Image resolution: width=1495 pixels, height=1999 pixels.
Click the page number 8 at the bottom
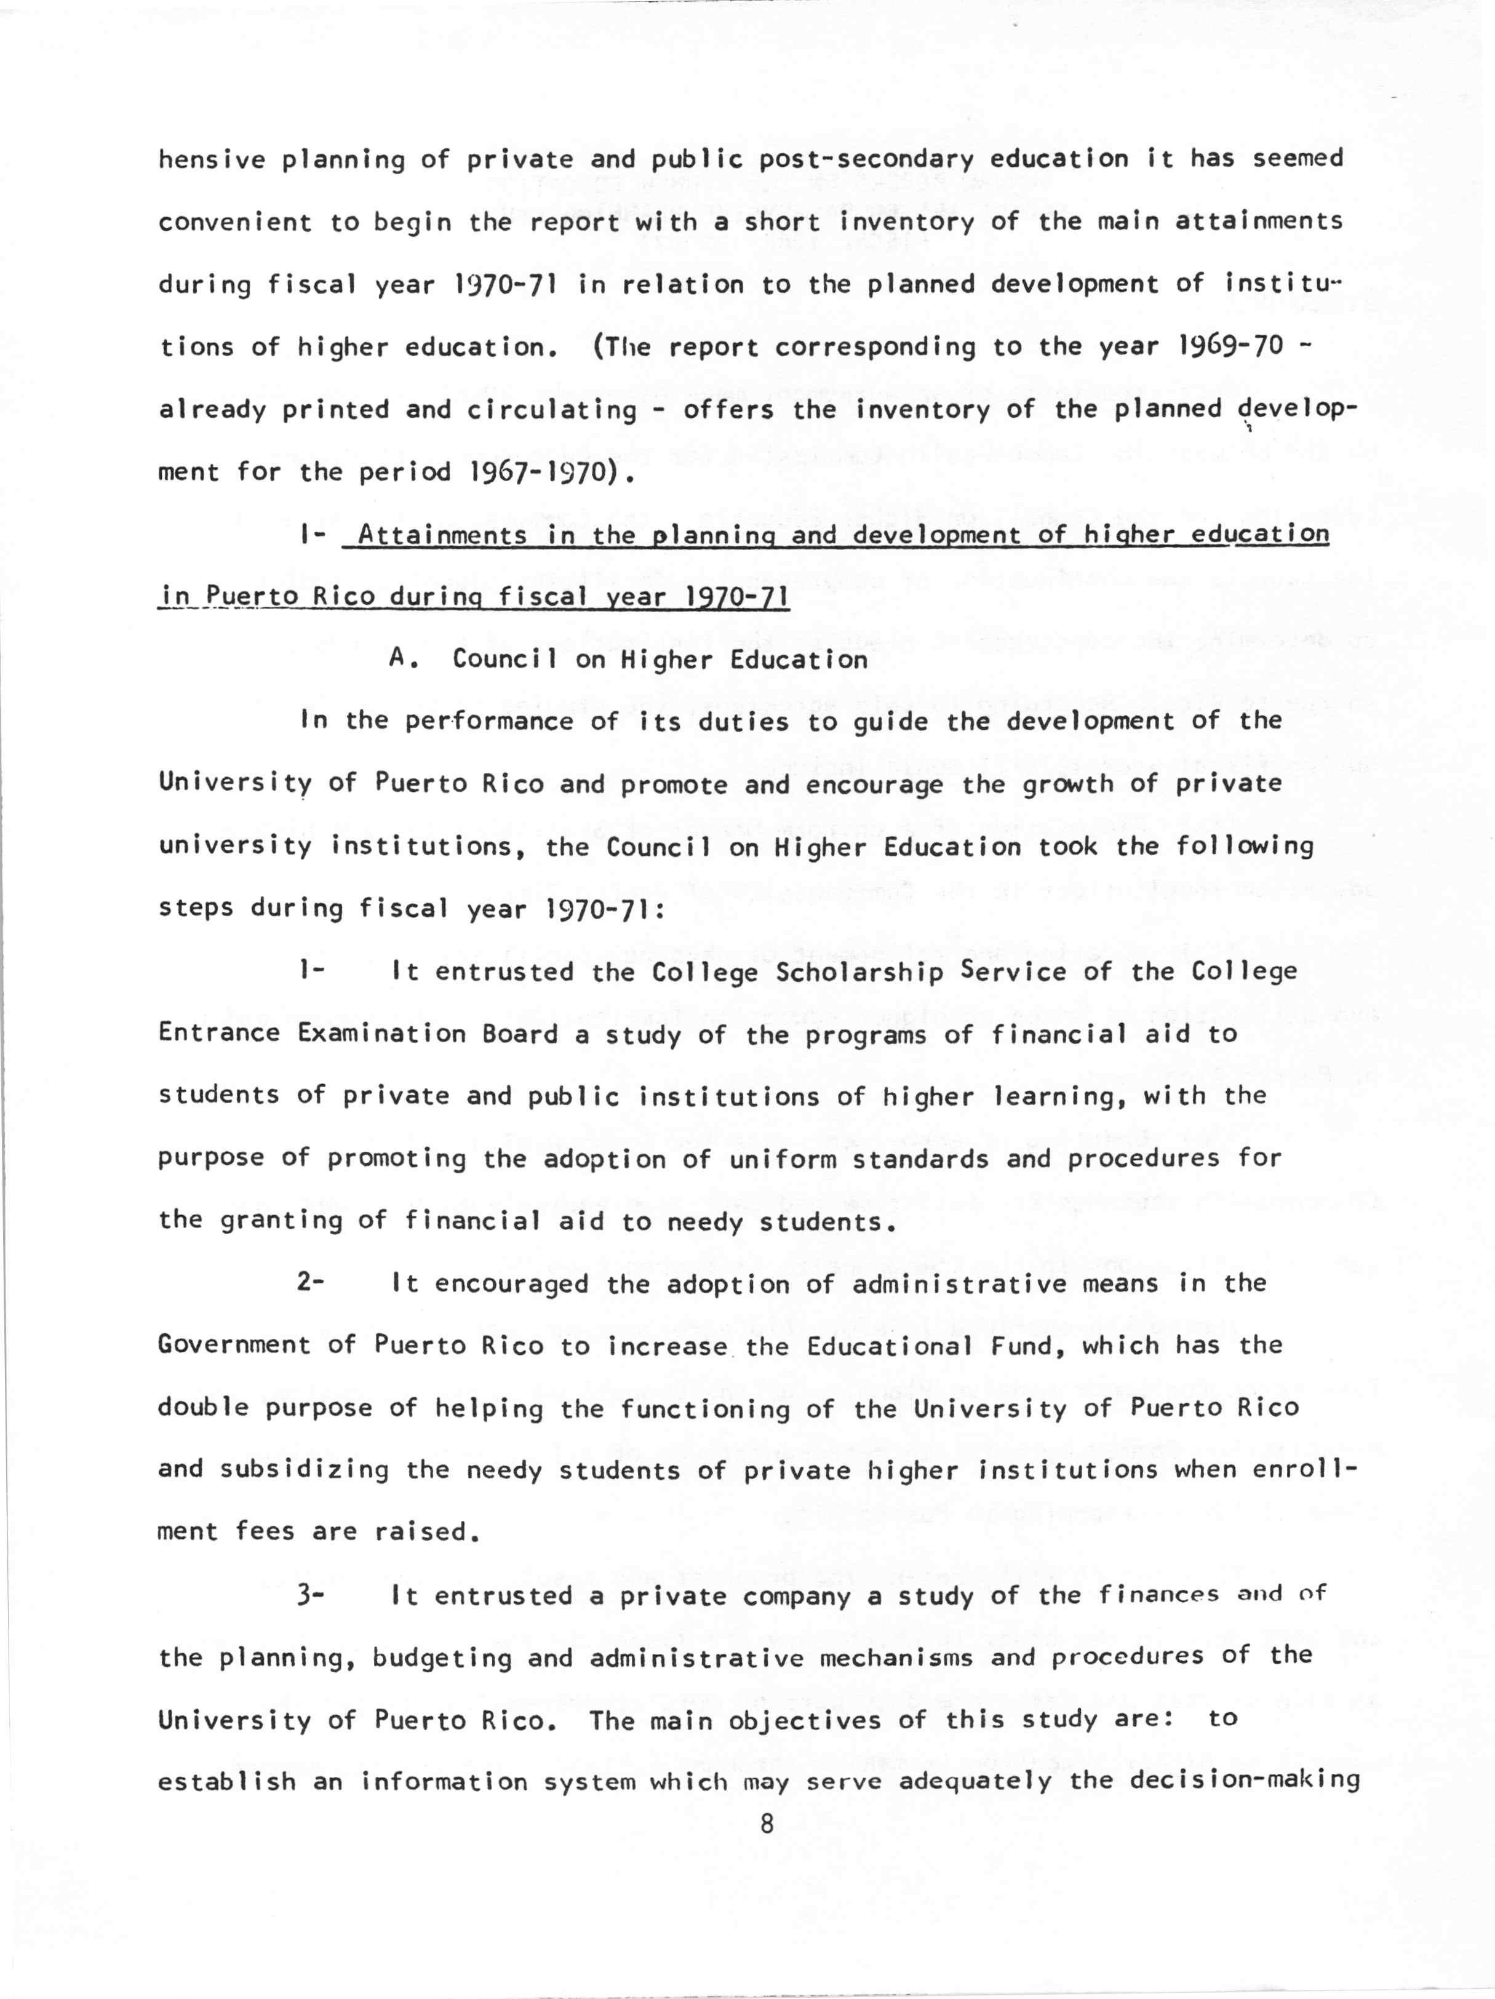[x=767, y=1823]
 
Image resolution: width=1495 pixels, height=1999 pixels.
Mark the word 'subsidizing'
[x=304, y=1469]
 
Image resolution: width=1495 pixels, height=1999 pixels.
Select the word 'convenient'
[x=234, y=222]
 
